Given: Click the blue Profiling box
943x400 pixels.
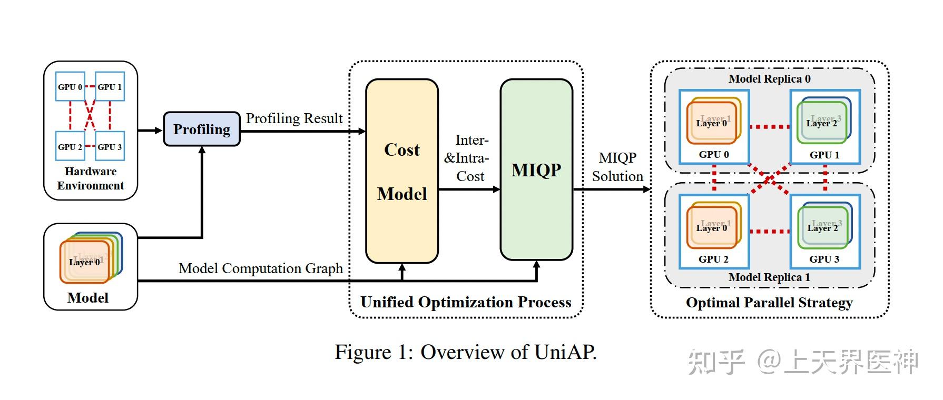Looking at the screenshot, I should coord(202,129).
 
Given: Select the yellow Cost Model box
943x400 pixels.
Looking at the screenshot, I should coord(402,171).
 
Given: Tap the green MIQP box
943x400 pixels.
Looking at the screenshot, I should coord(536,170).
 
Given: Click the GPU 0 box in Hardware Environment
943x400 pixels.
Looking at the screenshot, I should coord(70,87).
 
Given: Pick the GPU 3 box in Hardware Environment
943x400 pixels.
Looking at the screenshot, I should coord(110,146).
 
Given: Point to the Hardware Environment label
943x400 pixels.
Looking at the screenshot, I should coord(91,178).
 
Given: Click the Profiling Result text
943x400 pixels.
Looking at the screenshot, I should coord(294,118).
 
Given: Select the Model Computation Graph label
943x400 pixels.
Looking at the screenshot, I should coord(261,268).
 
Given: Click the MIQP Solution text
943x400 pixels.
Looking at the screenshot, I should coord(617,167).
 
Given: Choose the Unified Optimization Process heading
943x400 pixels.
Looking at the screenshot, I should coord(466,303).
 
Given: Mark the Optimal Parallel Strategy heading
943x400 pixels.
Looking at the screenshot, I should coord(769,303).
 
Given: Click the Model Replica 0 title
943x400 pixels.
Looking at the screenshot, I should coord(769,79).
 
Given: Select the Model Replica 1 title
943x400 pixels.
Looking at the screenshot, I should coord(769,277).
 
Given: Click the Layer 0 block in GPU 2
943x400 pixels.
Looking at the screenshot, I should coord(711,228).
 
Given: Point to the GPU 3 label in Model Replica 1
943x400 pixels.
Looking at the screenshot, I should coord(824,259).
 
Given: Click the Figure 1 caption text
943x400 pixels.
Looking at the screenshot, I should coord(466,352).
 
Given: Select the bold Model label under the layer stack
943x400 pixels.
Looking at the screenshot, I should coord(88,298).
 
